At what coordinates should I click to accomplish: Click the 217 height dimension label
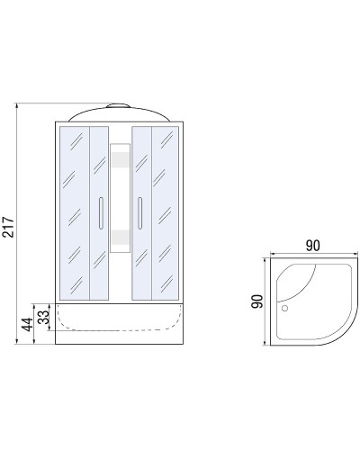click(8, 227)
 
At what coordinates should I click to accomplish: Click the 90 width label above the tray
click(313, 246)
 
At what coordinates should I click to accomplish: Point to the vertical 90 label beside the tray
click(257, 301)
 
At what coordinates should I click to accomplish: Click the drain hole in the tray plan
click(284, 308)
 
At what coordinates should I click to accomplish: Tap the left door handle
click(101, 213)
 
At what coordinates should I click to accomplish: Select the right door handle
click(139, 213)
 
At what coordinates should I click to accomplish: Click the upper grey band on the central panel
click(120, 159)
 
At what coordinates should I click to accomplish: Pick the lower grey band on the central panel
click(120, 238)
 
